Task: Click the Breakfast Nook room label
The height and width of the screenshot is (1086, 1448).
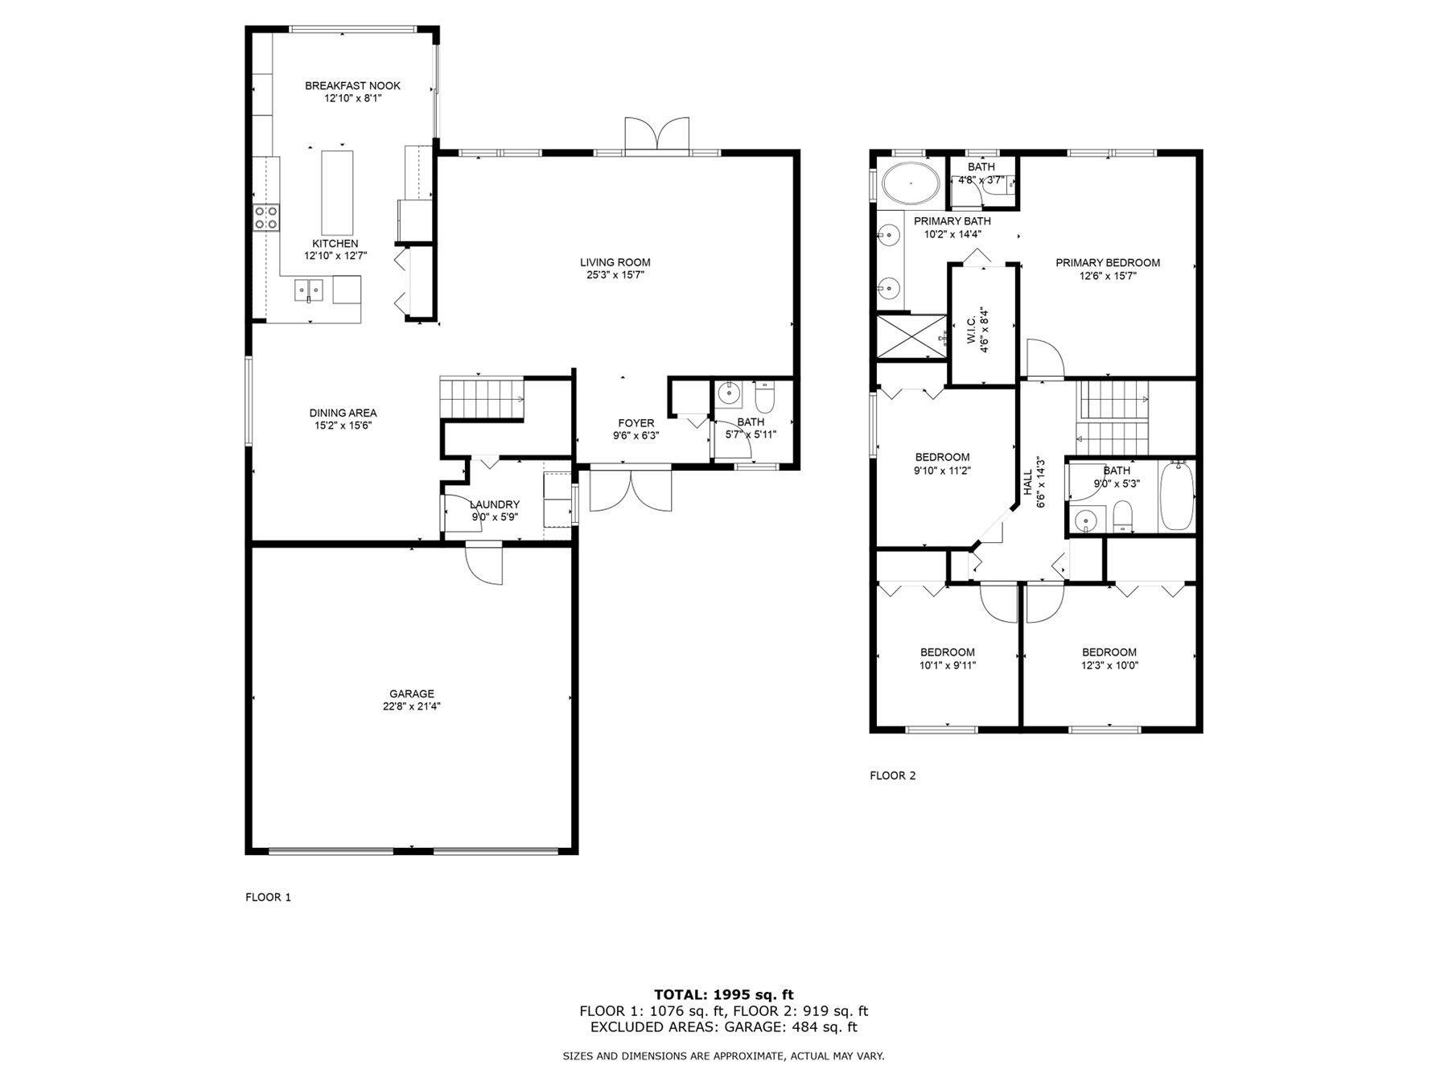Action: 352,86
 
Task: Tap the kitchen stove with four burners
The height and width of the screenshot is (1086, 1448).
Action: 267,217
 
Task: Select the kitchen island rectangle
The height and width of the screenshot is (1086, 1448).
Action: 338,192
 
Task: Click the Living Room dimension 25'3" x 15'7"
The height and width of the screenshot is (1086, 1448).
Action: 615,275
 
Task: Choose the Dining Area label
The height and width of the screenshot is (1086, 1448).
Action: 343,413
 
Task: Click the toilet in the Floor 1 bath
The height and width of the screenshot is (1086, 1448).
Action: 764,397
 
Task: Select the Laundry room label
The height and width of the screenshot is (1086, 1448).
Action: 495,504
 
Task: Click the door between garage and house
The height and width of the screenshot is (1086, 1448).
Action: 484,563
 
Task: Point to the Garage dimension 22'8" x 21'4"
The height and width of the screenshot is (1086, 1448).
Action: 412,706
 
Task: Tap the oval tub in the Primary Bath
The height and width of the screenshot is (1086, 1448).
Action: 911,183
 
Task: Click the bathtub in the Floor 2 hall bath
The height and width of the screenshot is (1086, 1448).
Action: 1176,496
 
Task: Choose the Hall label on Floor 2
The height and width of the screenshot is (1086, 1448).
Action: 1027,483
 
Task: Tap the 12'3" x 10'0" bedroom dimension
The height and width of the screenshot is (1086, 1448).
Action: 1109,665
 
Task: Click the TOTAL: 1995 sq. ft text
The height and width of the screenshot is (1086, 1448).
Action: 724,994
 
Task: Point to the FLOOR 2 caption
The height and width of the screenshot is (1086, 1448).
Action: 893,775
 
